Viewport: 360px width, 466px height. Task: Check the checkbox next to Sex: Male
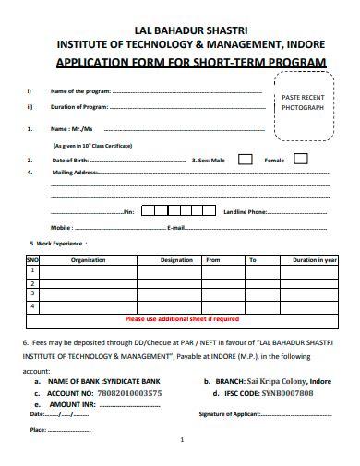[x=245, y=160]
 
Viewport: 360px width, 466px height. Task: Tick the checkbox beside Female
[x=301, y=160]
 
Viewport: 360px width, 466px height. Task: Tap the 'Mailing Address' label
[x=75, y=173]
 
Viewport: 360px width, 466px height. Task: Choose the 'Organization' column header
[x=89, y=260]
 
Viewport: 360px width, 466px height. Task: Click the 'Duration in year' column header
[x=314, y=260]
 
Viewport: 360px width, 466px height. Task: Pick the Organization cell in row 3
[x=89, y=294]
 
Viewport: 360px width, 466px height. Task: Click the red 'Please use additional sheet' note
[x=181, y=318]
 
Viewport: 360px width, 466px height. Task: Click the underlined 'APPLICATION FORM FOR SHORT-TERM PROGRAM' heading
[x=192, y=63]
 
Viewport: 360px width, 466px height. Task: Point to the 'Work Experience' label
[x=60, y=244]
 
